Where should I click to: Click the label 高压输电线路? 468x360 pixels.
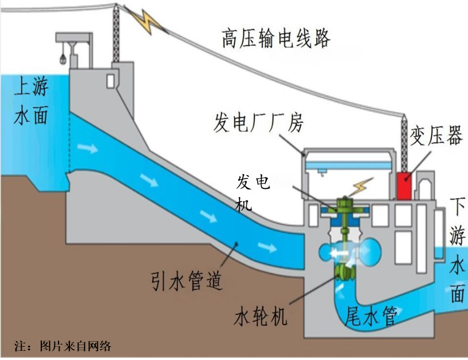[276, 38]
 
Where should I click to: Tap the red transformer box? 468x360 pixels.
[404, 186]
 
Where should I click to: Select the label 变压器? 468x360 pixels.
[436, 136]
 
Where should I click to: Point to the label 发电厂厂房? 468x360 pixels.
[258, 122]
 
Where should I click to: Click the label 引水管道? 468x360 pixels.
[187, 281]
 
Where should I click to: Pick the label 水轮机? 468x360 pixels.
[261, 315]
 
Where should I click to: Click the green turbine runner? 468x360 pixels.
[345, 272]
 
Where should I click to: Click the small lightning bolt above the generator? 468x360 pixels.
[362, 187]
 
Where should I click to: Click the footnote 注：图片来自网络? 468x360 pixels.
[62, 346]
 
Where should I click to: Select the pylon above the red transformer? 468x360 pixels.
[404, 143]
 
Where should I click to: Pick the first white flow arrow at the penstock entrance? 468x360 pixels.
[88, 148]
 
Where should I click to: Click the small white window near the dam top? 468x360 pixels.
[111, 81]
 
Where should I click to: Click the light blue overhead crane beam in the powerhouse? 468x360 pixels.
[348, 165]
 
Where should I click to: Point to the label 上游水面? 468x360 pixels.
[31, 101]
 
